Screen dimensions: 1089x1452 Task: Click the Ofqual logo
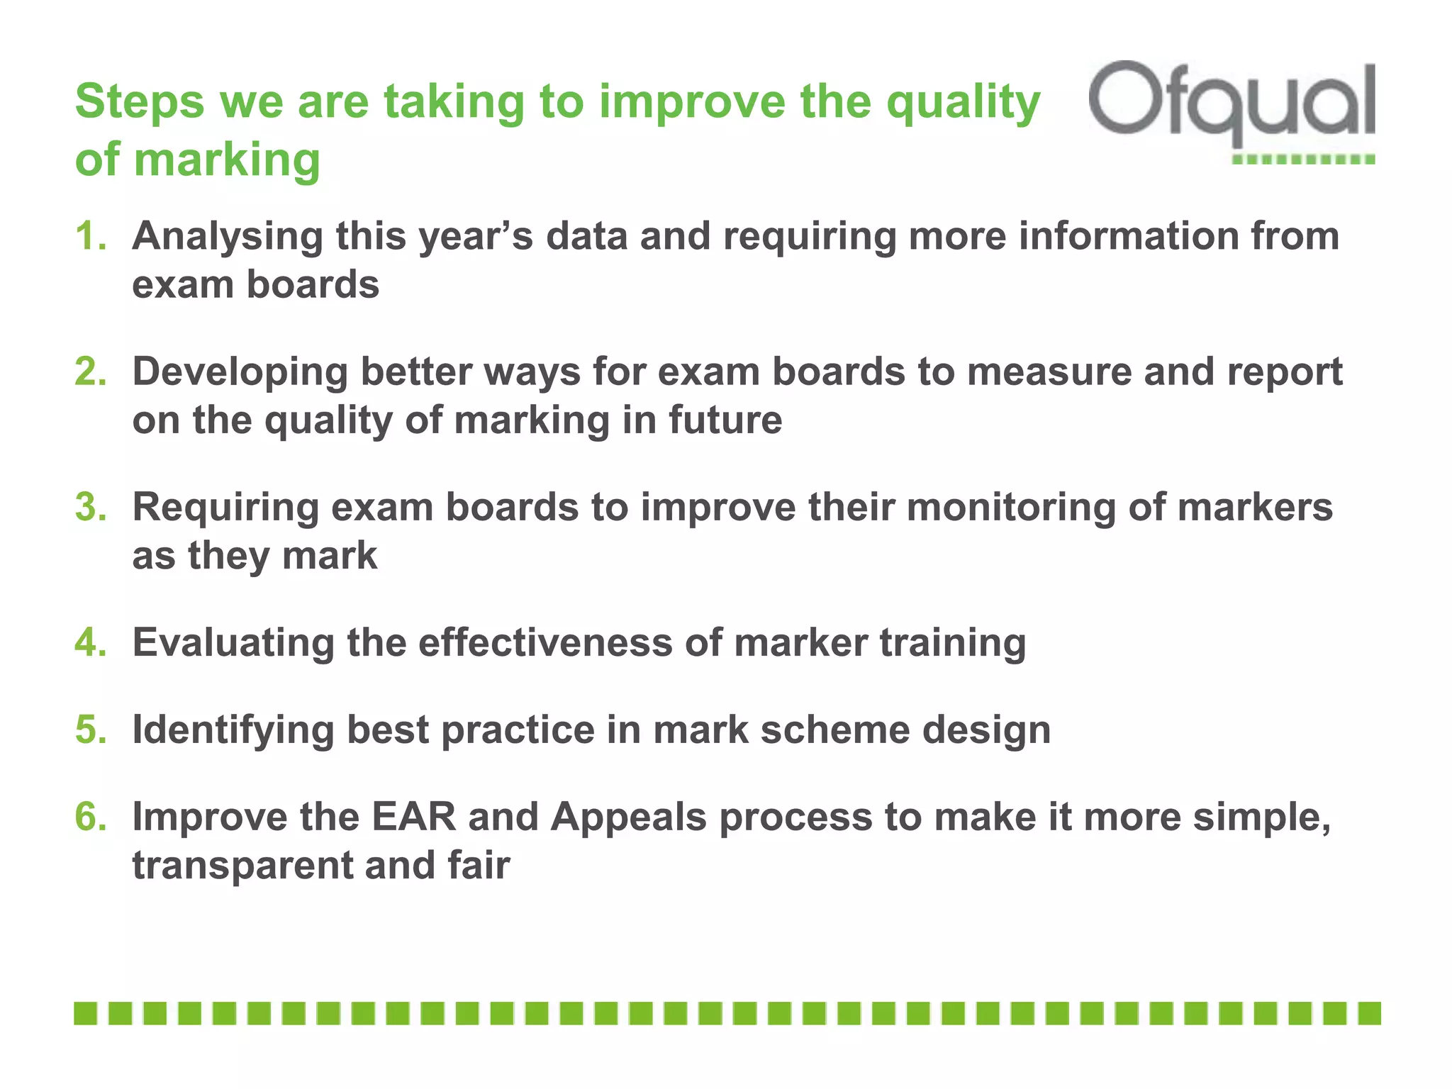[x=1232, y=106]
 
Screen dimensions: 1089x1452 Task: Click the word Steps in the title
[x=139, y=102]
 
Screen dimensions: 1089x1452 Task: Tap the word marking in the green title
[x=227, y=160]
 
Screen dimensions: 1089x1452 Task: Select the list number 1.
[x=90, y=236]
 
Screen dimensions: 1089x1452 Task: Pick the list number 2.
[x=90, y=372]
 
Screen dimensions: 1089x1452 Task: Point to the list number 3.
[x=90, y=508]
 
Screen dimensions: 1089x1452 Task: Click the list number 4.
[x=90, y=643]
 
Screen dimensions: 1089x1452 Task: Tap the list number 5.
[x=90, y=730]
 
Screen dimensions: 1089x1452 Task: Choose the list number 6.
[x=90, y=817]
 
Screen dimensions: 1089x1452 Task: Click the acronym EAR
[x=413, y=817]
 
